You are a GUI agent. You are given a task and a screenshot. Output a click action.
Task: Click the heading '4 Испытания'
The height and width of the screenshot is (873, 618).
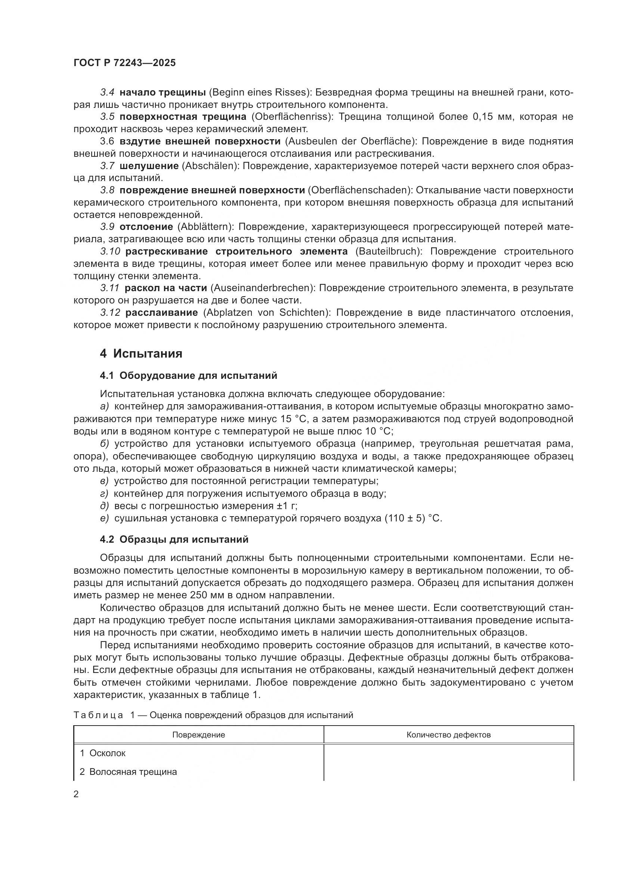coord(141,353)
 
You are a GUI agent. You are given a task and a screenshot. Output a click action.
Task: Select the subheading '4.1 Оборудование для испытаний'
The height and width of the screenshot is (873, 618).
coord(188,376)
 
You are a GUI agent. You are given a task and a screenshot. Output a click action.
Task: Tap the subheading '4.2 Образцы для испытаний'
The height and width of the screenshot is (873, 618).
coord(174,539)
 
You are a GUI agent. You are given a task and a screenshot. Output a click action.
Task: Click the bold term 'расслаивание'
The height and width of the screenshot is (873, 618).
coord(161,312)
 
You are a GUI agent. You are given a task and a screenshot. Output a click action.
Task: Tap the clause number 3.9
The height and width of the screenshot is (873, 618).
coord(107,227)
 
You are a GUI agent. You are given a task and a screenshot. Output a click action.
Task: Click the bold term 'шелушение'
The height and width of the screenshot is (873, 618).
coord(149,166)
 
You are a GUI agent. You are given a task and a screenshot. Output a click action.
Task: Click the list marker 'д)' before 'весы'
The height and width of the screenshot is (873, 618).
coord(104,506)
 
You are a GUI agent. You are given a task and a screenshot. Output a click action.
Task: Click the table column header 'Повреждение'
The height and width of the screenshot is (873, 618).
coord(198,735)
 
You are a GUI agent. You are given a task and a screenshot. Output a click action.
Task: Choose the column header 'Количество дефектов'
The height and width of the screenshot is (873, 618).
coord(448,735)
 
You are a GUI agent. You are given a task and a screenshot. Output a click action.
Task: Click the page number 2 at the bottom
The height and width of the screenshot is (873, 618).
coord(76,794)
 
